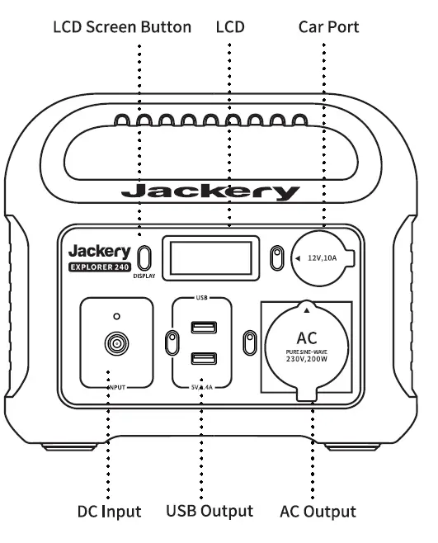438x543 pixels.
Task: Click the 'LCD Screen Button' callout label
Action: (x=122, y=27)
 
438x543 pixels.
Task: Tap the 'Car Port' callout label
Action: (x=328, y=27)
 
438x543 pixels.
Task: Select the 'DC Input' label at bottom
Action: (x=110, y=512)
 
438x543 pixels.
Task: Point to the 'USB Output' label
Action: (x=210, y=512)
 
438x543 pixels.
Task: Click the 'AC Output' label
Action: (x=318, y=512)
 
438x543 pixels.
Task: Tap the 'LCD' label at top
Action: (x=230, y=27)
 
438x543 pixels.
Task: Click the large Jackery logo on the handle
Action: (x=210, y=193)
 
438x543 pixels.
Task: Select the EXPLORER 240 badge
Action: (x=98, y=267)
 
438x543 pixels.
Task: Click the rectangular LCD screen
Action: (x=210, y=257)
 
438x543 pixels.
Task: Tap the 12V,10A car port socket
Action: (x=323, y=258)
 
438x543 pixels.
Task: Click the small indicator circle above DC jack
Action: (x=116, y=315)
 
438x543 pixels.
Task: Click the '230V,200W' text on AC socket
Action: (x=306, y=361)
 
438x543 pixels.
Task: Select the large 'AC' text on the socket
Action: (x=306, y=338)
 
